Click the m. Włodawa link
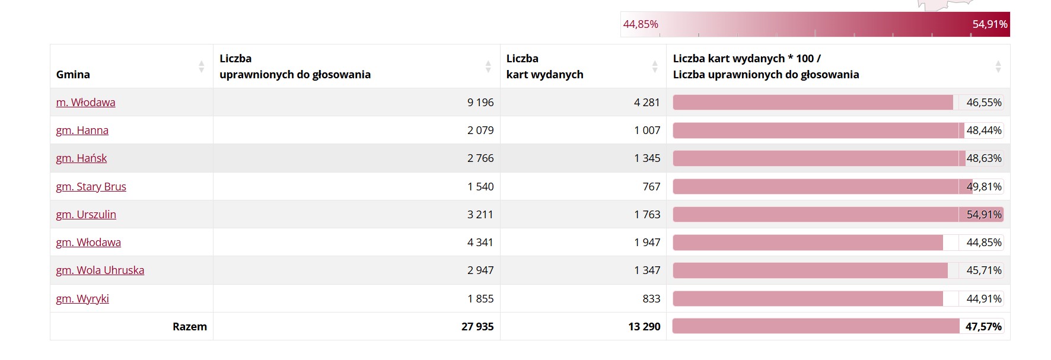click(85, 103)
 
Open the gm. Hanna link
click(82, 130)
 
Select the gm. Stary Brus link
click(91, 187)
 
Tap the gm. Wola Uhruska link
click(100, 270)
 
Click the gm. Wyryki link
click(82, 299)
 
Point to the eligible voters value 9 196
click(480, 103)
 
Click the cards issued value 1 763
click(646, 215)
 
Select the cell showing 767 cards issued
click(651, 187)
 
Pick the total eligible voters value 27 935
click(477, 327)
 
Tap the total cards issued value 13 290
click(644, 327)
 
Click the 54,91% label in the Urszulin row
click(984, 215)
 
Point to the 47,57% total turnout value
click(983, 327)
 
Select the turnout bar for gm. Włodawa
click(807, 243)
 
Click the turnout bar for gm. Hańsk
click(816, 158)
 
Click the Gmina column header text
click(73, 75)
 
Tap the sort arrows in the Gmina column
click(202, 66)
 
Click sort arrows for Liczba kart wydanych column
click(655, 66)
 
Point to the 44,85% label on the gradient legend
click(641, 24)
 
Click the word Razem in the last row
click(190, 327)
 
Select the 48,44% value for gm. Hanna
click(984, 130)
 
